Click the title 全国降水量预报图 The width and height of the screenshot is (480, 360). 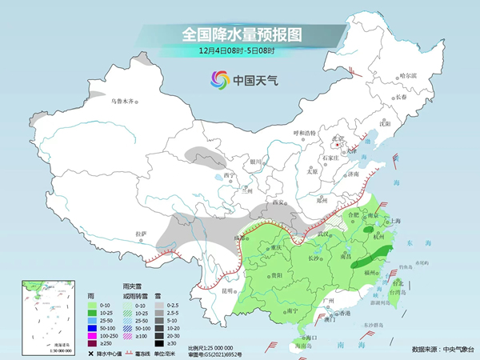pos(239,34)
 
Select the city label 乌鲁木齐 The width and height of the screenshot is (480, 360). pos(124,102)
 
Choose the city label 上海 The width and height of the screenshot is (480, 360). pos(393,222)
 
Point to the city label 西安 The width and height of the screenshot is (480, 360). pos(278,202)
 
